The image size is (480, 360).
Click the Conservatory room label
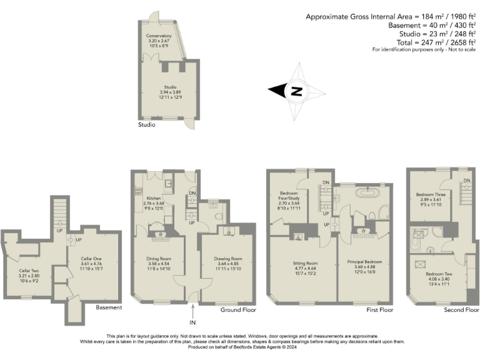coord(159,36)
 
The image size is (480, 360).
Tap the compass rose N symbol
coord(297,91)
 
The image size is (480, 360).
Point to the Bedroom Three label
coord(431,194)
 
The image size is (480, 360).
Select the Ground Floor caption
coord(239,309)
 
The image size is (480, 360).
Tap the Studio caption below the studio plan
coord(146,125)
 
